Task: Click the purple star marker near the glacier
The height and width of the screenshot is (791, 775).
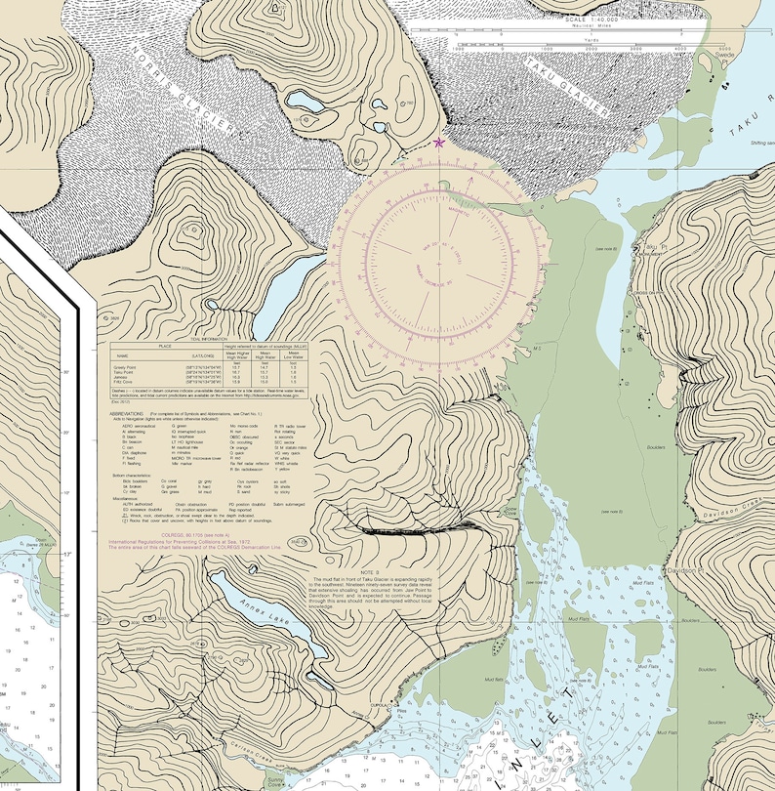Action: pyautogui.click(x=438, y=143)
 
